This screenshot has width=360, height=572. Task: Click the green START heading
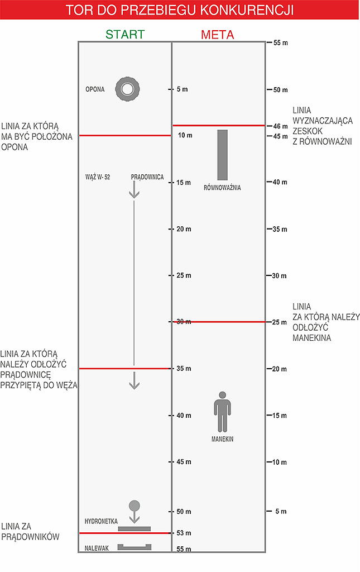pyautogui.click(x=125, y=35)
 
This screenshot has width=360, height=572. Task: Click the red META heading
pyautogui.click(x=218, y=35)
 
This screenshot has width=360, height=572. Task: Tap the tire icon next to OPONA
pyautogui.click(x=128, y=89)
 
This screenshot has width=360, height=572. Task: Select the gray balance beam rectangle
pyautogui.click(x=223, y=155)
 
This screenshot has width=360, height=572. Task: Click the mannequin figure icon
pyautogui.click(x=222, y=412)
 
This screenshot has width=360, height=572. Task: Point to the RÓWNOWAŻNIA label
pyautogui.click(x=222, y=188)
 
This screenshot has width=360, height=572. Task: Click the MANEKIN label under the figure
pyautogui.click(x=222, y=440)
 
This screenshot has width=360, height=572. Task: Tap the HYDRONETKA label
pyautogui.click(x=101, y=521)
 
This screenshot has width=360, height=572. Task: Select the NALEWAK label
pyautogui.click(x=97, y=549)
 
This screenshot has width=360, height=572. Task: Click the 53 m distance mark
pyautogui.click(x=184, y=533)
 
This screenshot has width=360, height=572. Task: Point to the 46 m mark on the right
pyautogui.click(x=280, y=127)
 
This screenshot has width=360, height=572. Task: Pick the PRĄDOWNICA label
pyautogui.click(x=147, y=177)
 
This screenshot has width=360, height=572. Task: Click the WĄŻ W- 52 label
pyautogui.click(x=98, y=177)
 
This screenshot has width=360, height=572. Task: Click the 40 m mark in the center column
pyautogui.click(x=184, y=416)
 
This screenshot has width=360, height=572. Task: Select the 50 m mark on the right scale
pyautogui.click(x=280, y=89)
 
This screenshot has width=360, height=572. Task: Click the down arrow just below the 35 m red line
pyautogui.click(x=134, y=382)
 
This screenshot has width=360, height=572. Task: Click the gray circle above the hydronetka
pyautogui.click(x=134, y=506)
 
